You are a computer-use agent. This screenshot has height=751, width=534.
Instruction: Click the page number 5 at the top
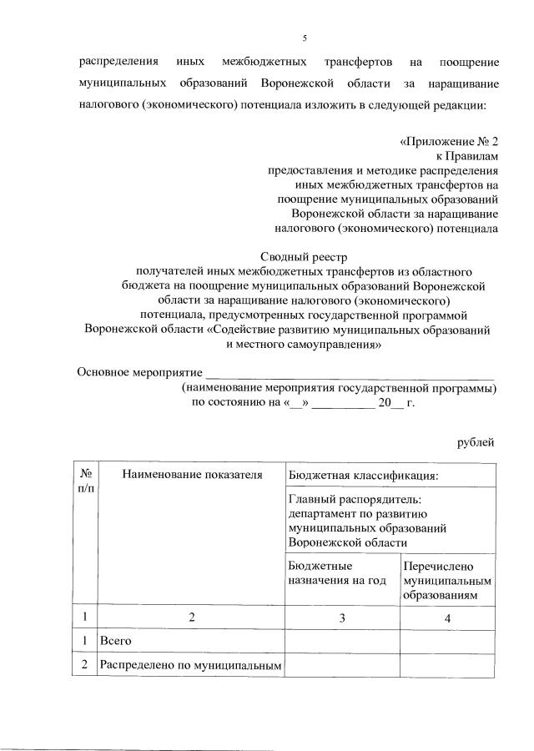[x=305, y=38]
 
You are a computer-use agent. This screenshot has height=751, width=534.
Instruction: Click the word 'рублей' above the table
[x=477, y=441]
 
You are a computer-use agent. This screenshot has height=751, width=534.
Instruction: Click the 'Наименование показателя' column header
[x=193, y=475]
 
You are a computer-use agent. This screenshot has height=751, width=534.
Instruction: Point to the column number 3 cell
[x=342, y=618]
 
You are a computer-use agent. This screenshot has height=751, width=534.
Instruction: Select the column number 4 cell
[x=448, y=618]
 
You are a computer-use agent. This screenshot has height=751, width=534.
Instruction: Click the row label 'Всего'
[x=116, y=641]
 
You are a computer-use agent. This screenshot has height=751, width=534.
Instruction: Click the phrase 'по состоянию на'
[x=236, y=401]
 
